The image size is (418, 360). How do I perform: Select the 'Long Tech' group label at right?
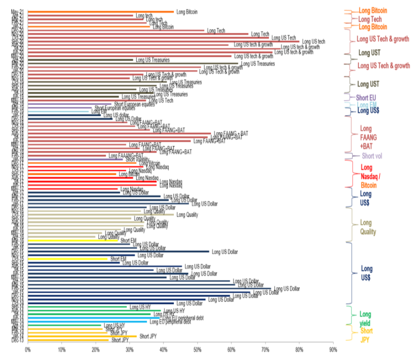point(366,19)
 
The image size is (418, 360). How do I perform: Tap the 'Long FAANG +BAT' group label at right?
point(366,138)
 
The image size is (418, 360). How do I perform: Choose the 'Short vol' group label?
point(371,156)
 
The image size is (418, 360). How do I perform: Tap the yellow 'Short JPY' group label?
point(366,335)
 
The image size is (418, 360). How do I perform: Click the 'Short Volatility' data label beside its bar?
point(137,159)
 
